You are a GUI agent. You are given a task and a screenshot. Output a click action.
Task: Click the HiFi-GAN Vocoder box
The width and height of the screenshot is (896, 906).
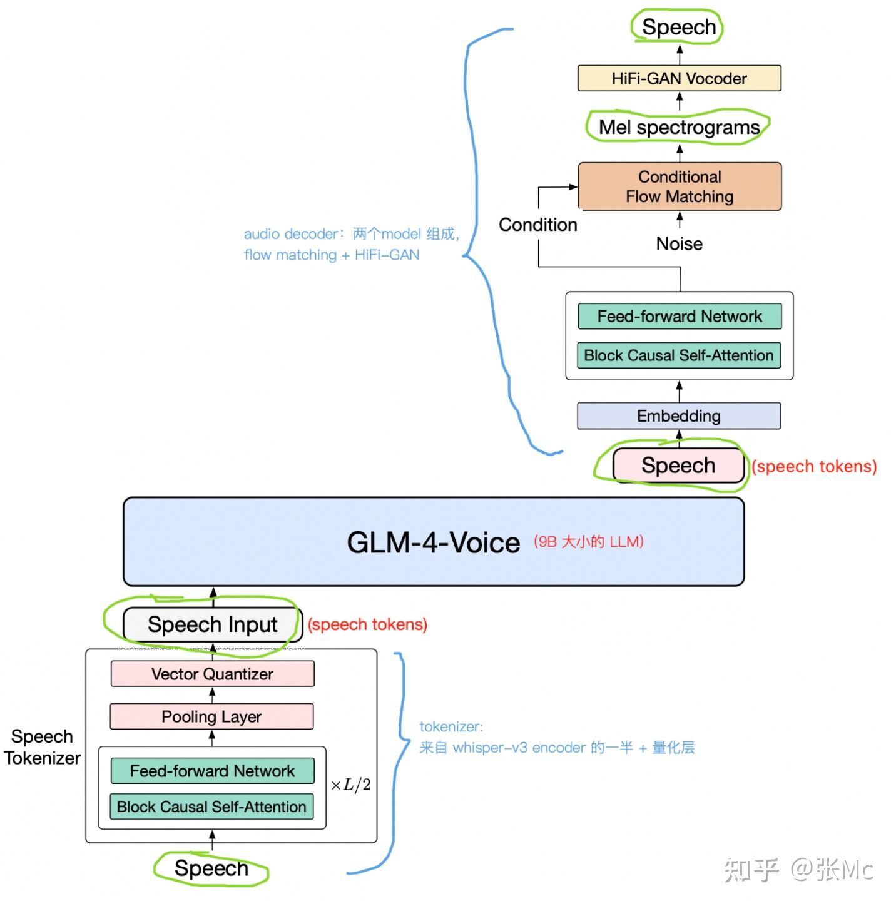(x=679, y=78)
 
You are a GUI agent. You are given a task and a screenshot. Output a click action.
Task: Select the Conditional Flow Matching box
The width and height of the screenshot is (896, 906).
(x=680, y=186)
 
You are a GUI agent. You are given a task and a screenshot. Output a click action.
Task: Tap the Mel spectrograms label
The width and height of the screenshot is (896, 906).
(x=679, y=128)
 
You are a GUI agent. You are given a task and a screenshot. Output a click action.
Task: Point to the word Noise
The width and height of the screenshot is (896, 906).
(x=679, y=244)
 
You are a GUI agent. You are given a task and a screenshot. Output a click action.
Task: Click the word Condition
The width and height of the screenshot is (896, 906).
(x=537, y=225)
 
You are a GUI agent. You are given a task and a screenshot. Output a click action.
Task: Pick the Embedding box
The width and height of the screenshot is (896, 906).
(x=679, y=416)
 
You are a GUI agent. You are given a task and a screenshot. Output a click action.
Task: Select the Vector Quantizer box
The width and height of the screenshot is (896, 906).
(x=212, y=674)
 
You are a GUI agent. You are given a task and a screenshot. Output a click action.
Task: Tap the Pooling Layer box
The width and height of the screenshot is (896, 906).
(x=211, y=716)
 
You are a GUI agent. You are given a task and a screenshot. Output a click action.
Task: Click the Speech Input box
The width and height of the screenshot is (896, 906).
(x=213, y=625)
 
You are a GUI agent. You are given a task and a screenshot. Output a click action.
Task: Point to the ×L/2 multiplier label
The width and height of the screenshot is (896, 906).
(x=350, y=785)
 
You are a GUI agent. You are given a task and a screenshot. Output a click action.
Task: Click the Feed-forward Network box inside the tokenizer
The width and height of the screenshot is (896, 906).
(x=213, y=771)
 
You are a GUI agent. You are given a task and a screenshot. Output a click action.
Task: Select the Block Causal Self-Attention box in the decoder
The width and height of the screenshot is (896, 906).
(x=679, y=355)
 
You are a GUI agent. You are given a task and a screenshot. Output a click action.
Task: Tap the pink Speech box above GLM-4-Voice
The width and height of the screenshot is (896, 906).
(x=679, y=466)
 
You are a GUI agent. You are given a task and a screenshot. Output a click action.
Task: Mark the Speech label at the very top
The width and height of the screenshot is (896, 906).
(x=679, y=27)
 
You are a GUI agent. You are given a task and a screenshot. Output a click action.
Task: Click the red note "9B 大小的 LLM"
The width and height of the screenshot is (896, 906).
(x=588, y=542)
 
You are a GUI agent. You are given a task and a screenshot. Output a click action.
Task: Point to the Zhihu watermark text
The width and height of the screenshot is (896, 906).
(x=798, y=870)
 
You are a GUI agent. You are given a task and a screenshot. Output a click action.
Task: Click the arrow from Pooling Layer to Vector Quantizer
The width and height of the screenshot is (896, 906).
(x=212, y=695)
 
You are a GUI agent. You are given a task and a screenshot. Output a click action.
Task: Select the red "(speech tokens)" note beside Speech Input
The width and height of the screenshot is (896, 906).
(x=367, y=625)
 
